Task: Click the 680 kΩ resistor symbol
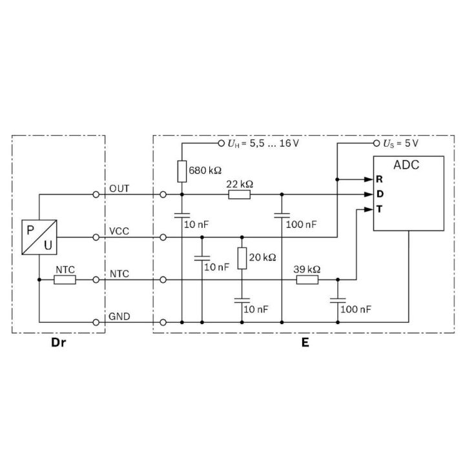(181, 171)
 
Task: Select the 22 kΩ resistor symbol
(240, 194)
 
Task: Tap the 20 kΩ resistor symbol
(242, 258)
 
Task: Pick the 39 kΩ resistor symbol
(307, 280)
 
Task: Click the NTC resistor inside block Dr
(65, 280)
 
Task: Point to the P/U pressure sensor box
(39, 237)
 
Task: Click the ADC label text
(406, 165)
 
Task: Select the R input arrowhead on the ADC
(368, 180)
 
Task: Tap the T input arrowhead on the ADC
(368, 210)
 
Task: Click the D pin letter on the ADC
(380, 194)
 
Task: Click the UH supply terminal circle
(221, 143)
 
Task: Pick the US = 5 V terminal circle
(377, 143)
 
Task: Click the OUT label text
(119, 189)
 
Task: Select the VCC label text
(119, 231)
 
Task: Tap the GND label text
(119, 316)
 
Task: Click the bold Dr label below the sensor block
(58, 342)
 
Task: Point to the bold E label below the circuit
(305, 342)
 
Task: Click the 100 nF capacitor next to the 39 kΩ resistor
(338, 300)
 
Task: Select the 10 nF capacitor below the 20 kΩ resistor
(242, 300)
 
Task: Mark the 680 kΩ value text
(205, 170)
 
